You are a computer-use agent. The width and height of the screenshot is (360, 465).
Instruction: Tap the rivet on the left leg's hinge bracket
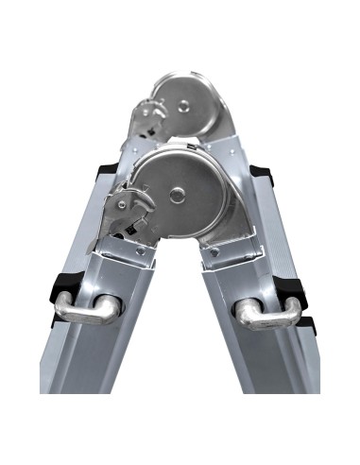140,252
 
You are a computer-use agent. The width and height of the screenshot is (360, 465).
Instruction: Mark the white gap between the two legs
180,359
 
